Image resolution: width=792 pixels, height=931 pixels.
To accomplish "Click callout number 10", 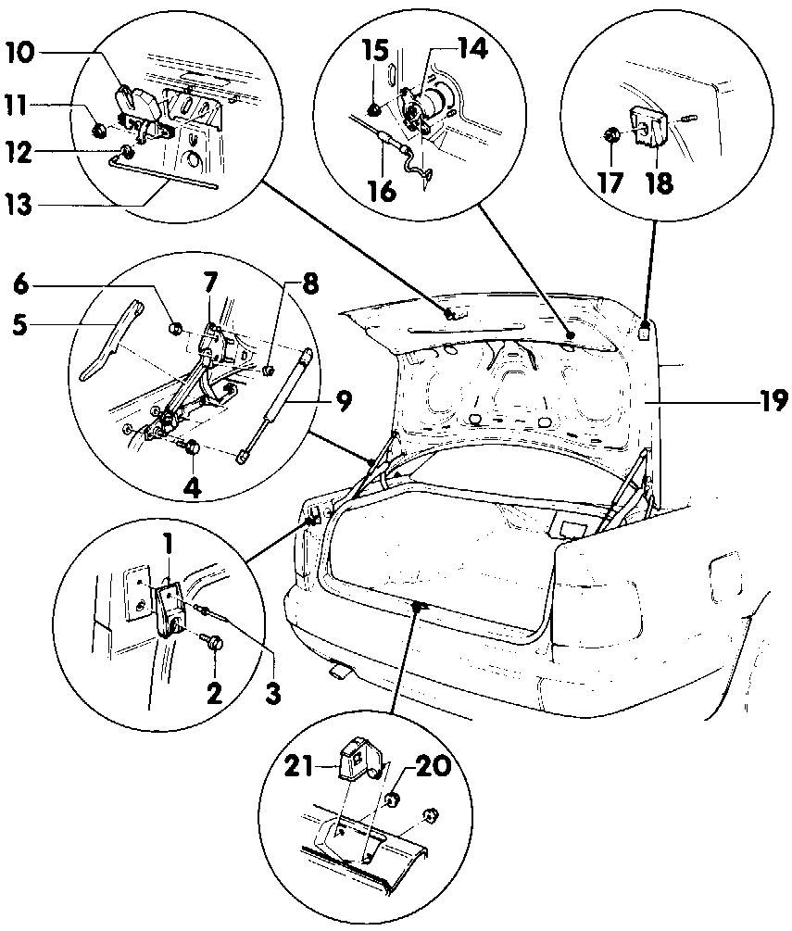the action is coord(20,54).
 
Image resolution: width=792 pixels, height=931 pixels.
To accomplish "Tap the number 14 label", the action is coord(472,49).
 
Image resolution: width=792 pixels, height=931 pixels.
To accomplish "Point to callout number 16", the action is coord(382,191).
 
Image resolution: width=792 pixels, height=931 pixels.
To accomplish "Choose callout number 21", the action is coord(299,768).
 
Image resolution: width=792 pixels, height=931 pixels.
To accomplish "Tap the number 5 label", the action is coord(19,325).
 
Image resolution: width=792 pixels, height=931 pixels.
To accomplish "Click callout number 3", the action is coord(272,692).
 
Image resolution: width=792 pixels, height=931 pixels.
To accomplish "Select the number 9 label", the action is coord(343,400).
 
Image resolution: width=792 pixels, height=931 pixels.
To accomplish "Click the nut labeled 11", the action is coord(98,129).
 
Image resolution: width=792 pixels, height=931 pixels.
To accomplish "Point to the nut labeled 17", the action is coord(611,136).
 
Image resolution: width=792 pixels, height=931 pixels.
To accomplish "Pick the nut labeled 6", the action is coord(176,328).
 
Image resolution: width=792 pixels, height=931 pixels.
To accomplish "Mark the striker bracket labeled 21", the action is coord(358,757).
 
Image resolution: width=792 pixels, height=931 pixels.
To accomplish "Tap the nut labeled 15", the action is coord(374,109).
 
